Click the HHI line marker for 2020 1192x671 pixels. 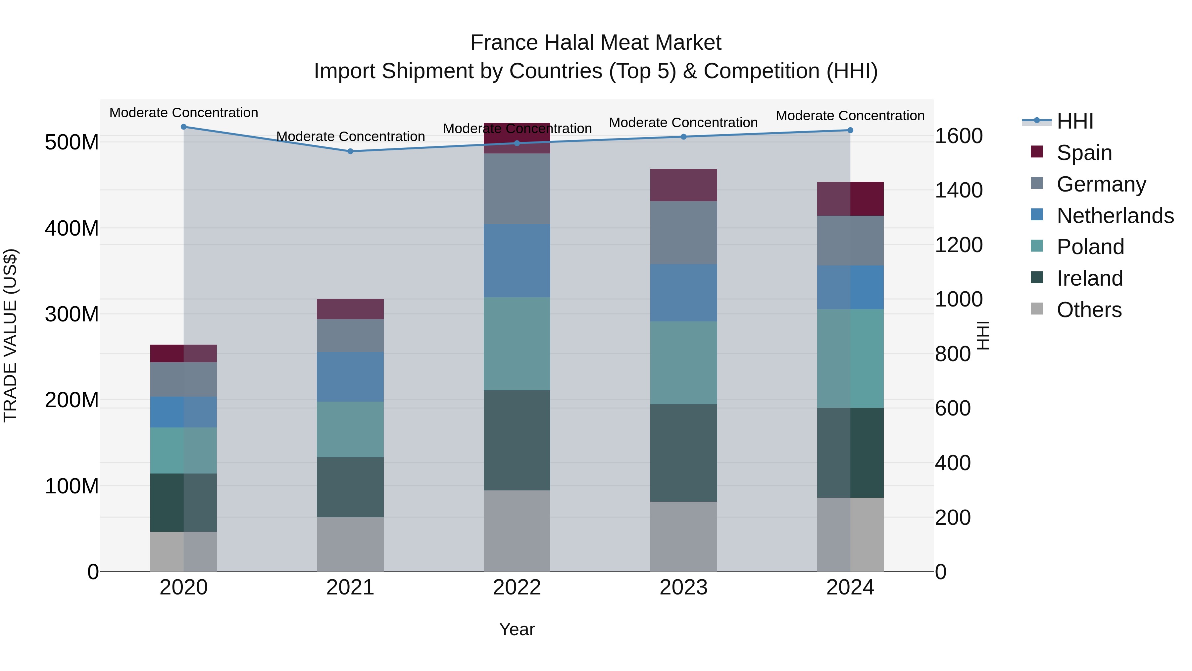184,127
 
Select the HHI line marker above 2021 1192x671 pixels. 350,151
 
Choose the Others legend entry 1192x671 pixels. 1089,309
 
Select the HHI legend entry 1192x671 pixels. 1074,121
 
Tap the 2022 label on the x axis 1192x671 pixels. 517,587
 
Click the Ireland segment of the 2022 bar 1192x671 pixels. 517,440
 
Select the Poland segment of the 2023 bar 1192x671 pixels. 683,363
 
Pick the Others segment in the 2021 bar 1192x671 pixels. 350,544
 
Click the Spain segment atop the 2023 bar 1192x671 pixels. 683,185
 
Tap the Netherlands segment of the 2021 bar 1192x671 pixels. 350,376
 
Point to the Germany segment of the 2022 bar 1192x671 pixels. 517,189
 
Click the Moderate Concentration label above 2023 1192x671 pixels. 683,123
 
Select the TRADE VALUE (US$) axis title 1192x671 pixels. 10,335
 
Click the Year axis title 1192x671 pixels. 517,629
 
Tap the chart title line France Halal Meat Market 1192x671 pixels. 596,43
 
